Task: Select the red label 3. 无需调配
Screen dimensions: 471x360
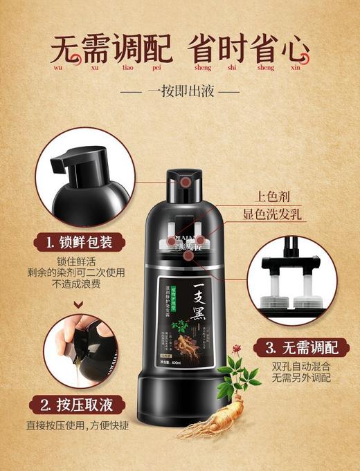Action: pyautogui.click(x=294, y=346)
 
